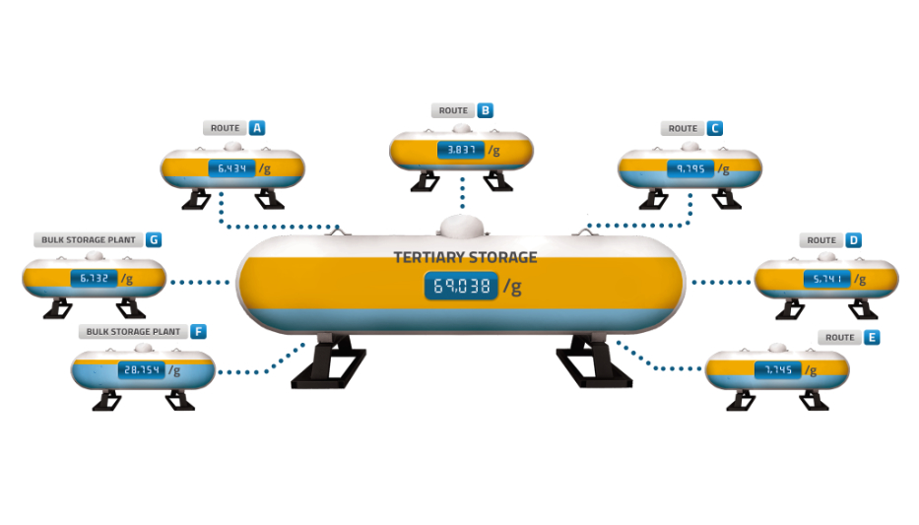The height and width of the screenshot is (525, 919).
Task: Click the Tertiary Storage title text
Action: click(x=465, y=258)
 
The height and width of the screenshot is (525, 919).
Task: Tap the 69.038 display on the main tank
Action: click(x=461, y=287)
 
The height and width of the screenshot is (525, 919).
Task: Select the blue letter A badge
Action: click(x=256, y=128)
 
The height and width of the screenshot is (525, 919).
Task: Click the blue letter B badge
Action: click(x=485, y=110)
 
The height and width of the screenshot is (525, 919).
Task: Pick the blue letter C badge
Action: click(x=714, y=128)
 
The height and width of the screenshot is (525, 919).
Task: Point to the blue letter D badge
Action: click(x=853, y=240)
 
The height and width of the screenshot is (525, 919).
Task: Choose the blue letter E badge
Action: click(x=872, y=337)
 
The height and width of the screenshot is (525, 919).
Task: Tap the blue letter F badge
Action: click(x=199, y=332)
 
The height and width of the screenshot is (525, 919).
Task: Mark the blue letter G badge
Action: click(x=153, y=239)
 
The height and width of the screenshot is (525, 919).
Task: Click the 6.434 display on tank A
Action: click(x=231, y=168)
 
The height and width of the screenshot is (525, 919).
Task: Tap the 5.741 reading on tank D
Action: click(x=827, y=280)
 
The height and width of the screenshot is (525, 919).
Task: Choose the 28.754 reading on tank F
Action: click(x=142, y=370)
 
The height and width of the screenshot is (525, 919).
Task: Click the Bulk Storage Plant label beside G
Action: click(x=89, y=239)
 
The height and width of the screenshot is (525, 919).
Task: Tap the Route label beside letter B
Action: click(x=453, y=110)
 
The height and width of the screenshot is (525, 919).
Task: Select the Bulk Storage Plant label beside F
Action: click(x=133, y=332)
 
